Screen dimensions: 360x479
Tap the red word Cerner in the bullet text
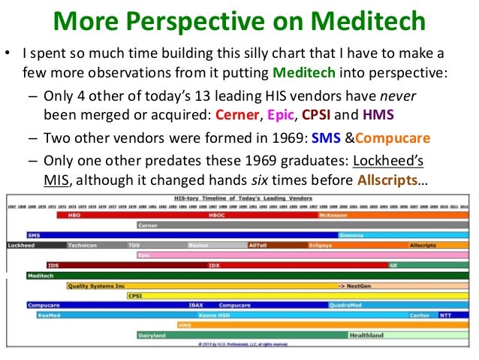pos(237,116)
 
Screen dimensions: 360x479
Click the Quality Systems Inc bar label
pos(96,286)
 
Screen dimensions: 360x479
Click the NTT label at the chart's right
pos(445,315)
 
